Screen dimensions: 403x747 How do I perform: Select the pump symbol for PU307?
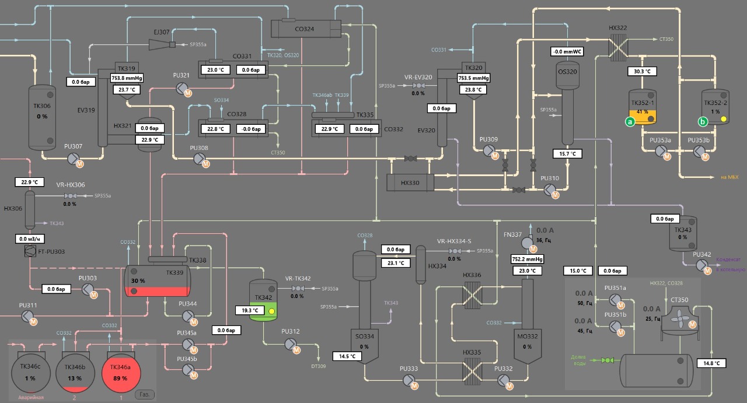coord(73,158)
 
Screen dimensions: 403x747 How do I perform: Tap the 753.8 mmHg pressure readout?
coord(127,78)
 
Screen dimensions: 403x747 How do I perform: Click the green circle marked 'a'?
coord(630,122)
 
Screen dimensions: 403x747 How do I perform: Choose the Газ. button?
coord(145,395)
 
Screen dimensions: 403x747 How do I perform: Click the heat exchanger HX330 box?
coord(411,183)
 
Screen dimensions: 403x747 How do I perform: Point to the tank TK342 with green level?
coord(263,300)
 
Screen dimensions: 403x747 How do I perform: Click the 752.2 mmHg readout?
coord(528,259)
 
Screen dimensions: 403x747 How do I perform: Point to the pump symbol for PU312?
coord(289,344)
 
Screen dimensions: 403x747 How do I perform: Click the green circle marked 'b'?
coord(703,122)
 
